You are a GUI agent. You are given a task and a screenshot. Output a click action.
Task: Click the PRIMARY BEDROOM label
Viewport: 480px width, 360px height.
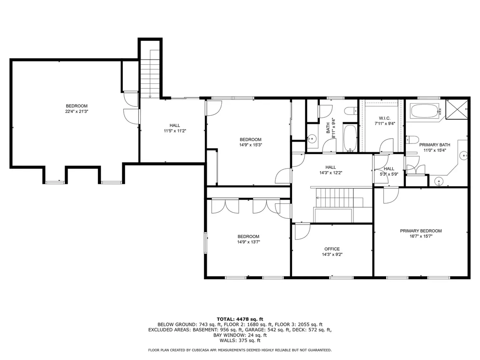420,231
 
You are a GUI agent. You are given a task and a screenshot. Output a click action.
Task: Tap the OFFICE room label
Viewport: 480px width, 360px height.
332,249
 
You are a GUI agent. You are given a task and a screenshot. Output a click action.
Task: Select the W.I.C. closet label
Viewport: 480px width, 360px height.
384,118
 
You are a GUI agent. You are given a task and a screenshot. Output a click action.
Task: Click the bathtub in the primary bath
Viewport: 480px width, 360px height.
425,112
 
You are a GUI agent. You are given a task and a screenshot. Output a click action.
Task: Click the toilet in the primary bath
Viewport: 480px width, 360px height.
411,139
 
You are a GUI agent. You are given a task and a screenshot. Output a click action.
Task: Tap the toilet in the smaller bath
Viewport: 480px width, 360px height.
349,111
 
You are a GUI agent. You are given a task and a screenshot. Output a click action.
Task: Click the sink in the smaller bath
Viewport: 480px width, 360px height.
312,139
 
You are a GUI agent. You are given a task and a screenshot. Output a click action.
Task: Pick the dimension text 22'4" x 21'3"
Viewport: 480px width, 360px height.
76,112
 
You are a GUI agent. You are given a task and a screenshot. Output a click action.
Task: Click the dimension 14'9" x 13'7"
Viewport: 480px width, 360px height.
248,242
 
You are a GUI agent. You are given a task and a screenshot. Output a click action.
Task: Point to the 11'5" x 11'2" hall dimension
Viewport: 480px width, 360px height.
175,131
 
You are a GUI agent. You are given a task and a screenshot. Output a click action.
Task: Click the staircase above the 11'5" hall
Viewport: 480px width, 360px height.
150,75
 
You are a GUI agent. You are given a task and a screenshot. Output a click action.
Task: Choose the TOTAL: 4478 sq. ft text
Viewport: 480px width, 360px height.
240,319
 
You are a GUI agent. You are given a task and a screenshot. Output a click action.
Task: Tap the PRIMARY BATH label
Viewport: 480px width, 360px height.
432,144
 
